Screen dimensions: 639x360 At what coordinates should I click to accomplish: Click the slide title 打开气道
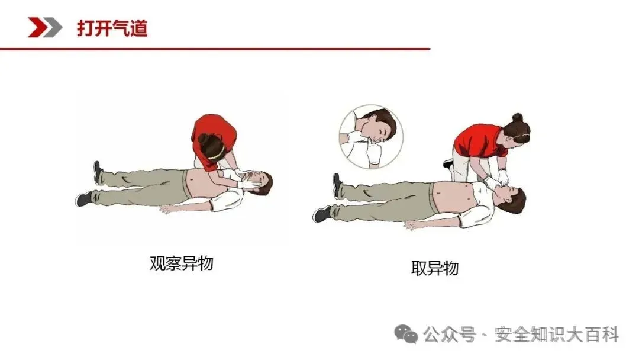(112, 28)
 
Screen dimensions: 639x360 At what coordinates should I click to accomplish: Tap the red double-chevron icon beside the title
(45, 27)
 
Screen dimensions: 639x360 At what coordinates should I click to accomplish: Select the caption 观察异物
(182, 263)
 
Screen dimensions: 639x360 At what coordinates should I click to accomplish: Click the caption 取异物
(435, 268)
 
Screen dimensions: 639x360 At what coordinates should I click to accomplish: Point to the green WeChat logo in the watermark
(406, 334)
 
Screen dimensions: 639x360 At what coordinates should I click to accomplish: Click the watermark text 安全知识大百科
(557, 335)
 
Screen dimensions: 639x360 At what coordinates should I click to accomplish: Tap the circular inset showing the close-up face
(371, 137)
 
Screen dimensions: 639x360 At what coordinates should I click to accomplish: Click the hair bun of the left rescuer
(203, 138)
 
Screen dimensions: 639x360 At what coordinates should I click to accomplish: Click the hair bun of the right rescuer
(518, 117)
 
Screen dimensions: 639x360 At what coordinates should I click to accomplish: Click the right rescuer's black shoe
(448, 163)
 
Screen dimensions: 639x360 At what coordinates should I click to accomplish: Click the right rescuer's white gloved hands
(498, 179)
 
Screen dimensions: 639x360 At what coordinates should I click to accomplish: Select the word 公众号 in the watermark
(449, 335)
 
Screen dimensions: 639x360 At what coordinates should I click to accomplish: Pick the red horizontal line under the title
(215, 49)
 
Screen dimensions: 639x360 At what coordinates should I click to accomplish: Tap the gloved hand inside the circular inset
(373, 152)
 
